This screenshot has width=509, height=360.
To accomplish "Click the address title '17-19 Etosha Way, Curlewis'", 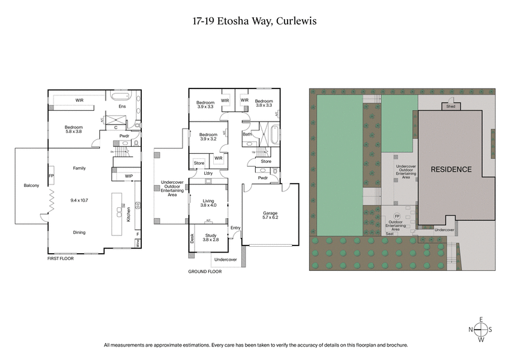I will tap(254, 20).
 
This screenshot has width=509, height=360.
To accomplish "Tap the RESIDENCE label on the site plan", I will tap(451, 169).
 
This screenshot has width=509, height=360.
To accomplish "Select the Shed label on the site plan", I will tap(450, 107).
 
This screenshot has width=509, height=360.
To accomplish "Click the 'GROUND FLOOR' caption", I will tap(204, 271).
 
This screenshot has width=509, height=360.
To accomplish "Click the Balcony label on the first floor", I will tap(32, 185).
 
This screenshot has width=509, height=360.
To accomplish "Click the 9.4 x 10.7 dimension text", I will tap(80, 200).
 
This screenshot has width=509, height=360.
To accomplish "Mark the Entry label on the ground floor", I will tap(235, 227).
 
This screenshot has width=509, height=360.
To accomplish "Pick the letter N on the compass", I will tap(470, 329).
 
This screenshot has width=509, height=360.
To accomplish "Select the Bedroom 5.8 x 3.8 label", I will tap(74, 130).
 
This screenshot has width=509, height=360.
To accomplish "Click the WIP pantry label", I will tap(129, 176).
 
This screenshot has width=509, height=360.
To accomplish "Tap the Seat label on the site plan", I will tap(389, 233).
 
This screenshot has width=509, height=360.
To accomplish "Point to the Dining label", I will tap(80, 232).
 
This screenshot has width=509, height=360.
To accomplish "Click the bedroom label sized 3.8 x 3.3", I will tap(263, 104).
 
